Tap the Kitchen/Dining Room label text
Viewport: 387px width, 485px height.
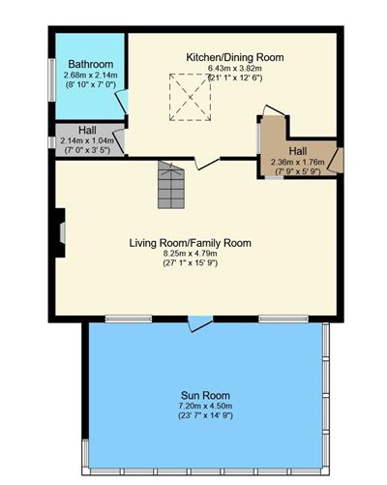(235, 57)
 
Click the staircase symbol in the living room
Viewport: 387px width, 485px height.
(171, 185)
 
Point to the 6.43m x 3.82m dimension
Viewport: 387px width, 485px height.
(235, 69)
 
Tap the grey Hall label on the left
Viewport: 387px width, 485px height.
(87, 130)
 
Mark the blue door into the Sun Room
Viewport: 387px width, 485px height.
(196, 323)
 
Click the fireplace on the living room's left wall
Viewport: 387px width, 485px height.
(61, 233)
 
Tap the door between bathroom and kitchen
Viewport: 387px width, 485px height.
(122, 103)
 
